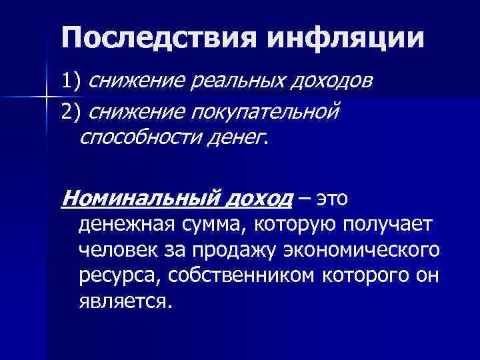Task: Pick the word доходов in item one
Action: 324,81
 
